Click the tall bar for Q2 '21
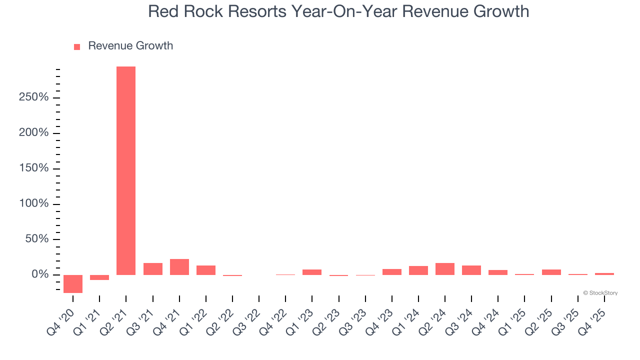(x=126, y=170)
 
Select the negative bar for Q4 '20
(x=73, y=283)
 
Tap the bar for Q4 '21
(x=179, y=267)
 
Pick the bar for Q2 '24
(x=445, y=269)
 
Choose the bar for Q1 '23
(x=312, y=272)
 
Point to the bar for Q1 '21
(x=99, y=277)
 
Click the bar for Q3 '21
(x=153, y=269)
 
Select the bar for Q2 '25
(x=551, y=272)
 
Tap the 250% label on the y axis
(x=34, y=97)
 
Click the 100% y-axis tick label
(x=34, y=204)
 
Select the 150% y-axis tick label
(x=34, y=168)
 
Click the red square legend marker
(x=77, y=47)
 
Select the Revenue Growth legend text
(x=130, y=46)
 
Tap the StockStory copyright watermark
(x=600, y=293)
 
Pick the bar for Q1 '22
(x=206, y=270)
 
